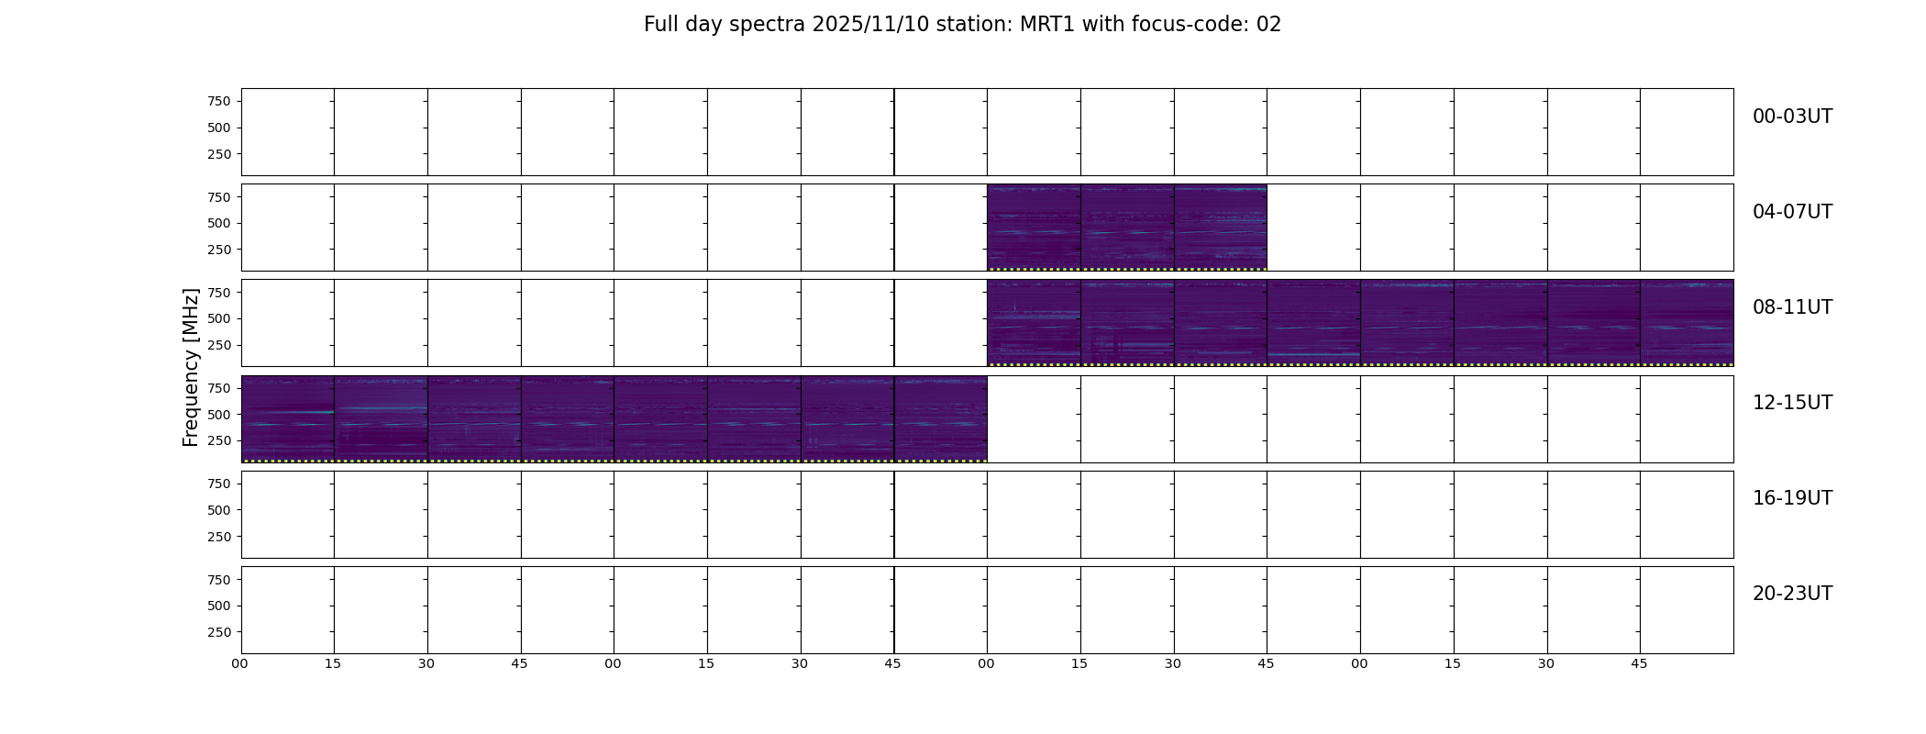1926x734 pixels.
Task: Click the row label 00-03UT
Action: click(x=1792, y=117)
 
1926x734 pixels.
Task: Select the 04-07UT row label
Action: click(x=1792, y=212)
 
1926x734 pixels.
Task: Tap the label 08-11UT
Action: click(x=1792, y=307)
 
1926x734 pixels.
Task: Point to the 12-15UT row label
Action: click(x=1792, y=403)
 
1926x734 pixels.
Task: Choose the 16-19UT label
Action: click(x=1792, y=498)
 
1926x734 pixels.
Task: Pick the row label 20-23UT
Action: click(x=1792, y=594)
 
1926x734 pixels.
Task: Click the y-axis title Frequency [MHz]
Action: click(x=191, y=368)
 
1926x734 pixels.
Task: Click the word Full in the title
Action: click(x=659, y=25)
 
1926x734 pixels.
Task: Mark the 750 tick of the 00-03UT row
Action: click(x=219, y=101)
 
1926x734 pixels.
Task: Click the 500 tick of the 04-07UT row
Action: click(x=219, y=223)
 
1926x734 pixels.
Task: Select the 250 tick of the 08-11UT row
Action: click(x=219, y=345)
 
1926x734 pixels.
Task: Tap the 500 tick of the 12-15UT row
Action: click(x=219, y=415)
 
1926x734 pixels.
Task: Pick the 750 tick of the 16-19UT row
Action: click(x=219, y=484)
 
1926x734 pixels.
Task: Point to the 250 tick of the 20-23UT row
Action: click(x=219, y=632)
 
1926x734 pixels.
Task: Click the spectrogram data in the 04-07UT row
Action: click(x=1127, y=228)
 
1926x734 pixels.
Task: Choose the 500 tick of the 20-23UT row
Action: click(x=219, y=606)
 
